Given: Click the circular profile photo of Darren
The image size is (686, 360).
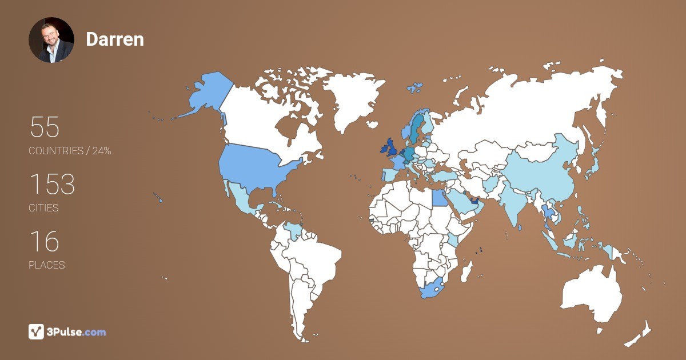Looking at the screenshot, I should click(x=51, y=39).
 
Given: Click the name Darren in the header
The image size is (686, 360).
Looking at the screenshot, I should click(x=115, y=39).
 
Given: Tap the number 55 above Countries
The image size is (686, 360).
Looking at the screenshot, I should click(x=45, y=127).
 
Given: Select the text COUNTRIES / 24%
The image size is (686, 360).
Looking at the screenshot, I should click(x=70, y=151).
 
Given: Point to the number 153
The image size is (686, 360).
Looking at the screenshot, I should click(x=52, y=185).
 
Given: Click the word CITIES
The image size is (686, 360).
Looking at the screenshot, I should click(x=44, y=208).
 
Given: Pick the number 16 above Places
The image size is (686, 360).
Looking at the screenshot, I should click(x=44, y=242).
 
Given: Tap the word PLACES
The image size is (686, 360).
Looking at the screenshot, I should click(x=47, y=265).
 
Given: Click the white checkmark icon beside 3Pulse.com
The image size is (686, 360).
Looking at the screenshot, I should click(x=36, y=331).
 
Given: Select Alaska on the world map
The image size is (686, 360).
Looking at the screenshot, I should click(x=206, y=94).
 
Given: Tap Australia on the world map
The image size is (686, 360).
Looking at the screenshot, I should click(x=592, y=294).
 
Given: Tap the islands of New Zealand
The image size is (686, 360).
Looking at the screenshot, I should click(x=640, y=335).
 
